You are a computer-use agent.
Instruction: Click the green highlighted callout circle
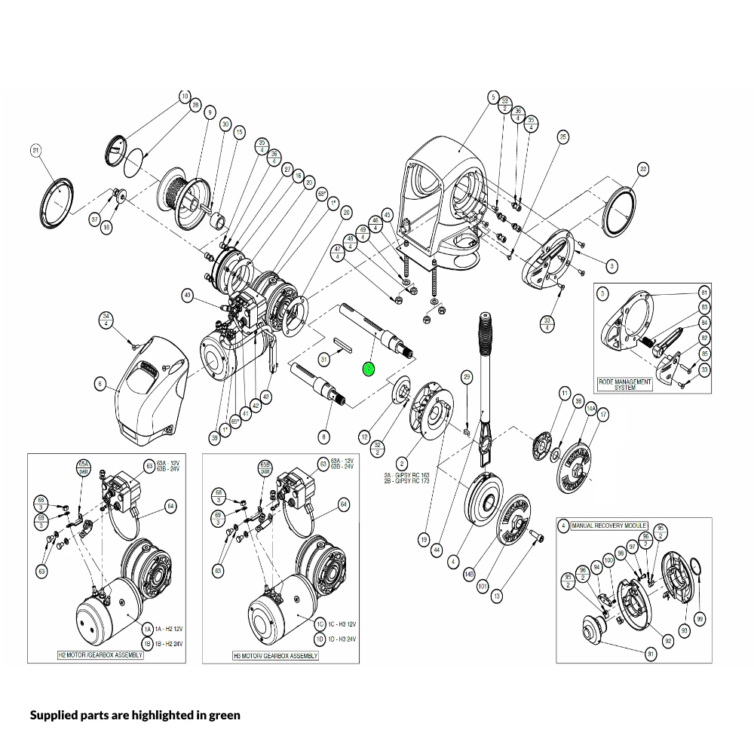(368, 369)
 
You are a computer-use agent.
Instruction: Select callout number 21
(35, 151)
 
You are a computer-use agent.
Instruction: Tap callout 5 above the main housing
(493, 97)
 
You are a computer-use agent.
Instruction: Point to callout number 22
(642, 169)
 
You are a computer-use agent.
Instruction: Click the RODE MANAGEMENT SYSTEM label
(624, 385)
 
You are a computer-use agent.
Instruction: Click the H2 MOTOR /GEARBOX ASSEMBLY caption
(100, 655)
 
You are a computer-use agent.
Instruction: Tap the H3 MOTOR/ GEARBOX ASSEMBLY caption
(275, 656)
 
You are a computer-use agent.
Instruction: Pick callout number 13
(496, 596)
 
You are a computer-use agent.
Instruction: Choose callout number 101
(483, 584)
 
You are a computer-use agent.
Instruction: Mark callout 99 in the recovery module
(700, 619)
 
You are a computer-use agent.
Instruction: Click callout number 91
(651, 654)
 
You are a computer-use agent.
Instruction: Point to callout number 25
(562, 136)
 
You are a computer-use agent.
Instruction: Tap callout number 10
(185, 97)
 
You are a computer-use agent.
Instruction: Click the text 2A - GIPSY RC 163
(407, 474)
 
